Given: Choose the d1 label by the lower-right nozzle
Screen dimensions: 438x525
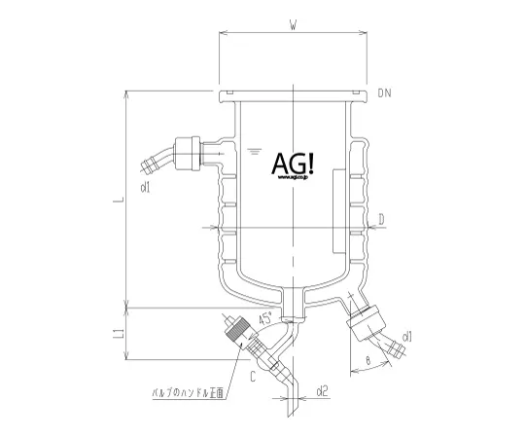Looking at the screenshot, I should tap(407, 338).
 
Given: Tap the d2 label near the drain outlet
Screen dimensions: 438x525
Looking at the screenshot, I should tap(323, 393).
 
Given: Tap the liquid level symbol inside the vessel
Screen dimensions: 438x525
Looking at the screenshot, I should tap(256, 151).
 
